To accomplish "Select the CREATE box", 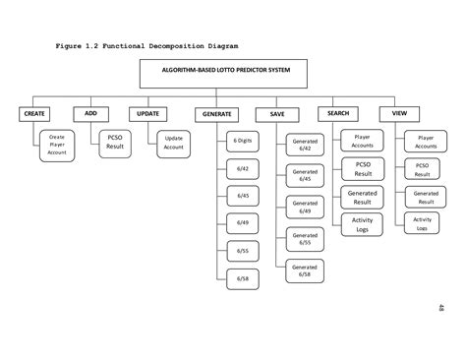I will tap(35, 114).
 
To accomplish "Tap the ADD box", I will tap(90, 113).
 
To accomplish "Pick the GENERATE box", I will tap(216, 114).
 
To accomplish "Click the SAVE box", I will tap(276, 114).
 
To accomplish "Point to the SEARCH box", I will tap(337, 113).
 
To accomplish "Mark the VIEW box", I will tap(399, 113).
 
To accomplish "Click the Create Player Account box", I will tap(57, 146).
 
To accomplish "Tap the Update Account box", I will tap(174, 146).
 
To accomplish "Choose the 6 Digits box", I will tap(241, 142).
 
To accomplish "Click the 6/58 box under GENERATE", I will tap(241, 279).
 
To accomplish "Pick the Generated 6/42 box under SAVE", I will tap(305, 146).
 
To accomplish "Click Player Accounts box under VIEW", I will tap(425, 143).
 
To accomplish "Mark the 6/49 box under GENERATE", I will tap(241, 224).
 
